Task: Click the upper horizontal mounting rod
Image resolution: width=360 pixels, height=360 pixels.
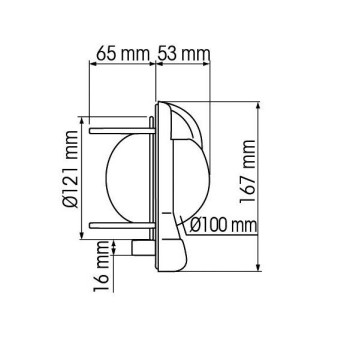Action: coord(120,128)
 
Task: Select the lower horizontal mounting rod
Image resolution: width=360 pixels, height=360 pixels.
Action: coord(120,222)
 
